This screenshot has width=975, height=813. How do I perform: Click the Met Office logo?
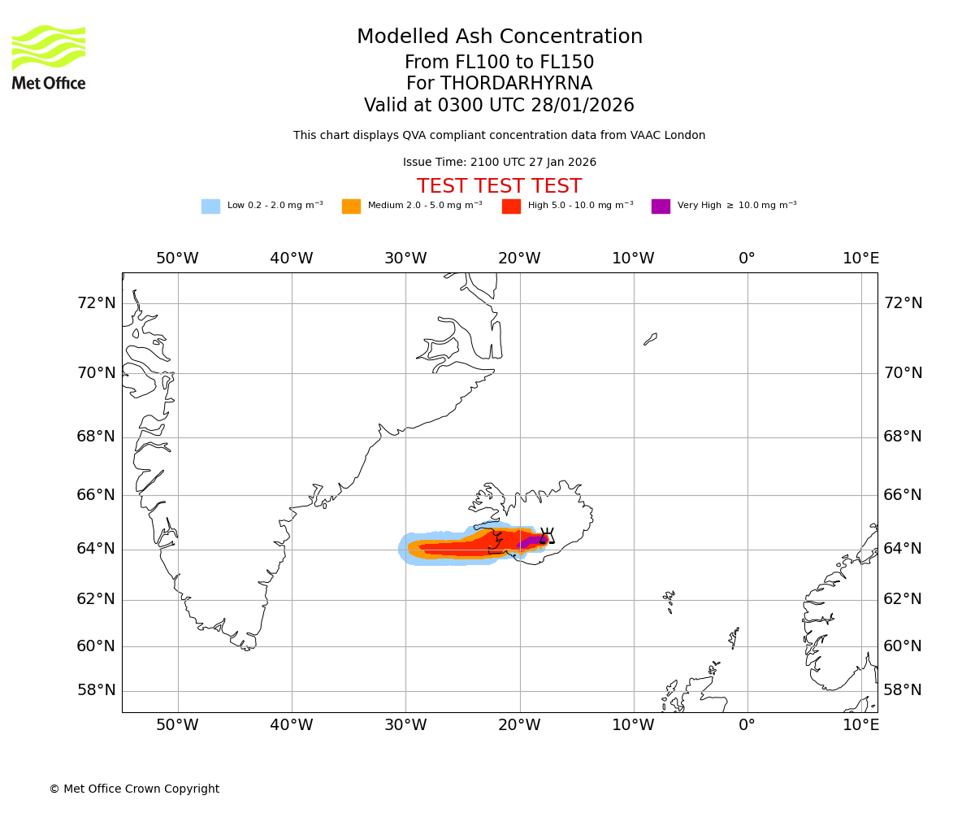click(x=49, y=57)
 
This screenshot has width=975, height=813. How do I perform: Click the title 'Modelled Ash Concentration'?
click(x=499, y=37)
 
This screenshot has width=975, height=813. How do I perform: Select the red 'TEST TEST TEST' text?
click(x=499, y=187)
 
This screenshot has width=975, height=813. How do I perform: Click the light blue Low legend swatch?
click(x=210, y=207)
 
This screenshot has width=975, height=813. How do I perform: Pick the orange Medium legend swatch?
click(x=351, y=207)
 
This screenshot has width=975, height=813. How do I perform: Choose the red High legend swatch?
click(x=511, y=207)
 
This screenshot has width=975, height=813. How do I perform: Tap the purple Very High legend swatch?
click(x=661, y=207)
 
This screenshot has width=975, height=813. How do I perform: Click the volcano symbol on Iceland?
click(x=547, y=536)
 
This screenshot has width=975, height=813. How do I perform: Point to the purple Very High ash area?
click(x=531, y=541)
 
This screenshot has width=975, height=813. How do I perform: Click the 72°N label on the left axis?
click(x=96, y=303)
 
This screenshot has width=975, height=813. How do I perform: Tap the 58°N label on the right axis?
click(x=903, y=690)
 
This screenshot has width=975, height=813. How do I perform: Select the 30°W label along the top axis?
click(x=405, y=259)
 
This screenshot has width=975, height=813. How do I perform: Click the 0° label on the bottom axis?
click(x=747, y=725)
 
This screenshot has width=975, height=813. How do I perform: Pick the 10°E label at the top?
click(x=860, y=259)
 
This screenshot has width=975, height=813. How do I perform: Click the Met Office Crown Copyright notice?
click(x=134, y=789)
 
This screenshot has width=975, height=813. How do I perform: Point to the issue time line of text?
click(x=499, y=163)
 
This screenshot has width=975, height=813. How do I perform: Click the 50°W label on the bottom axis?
click(x=177, y=725)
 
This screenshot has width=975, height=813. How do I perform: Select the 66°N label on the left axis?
click(x=96, y=495)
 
